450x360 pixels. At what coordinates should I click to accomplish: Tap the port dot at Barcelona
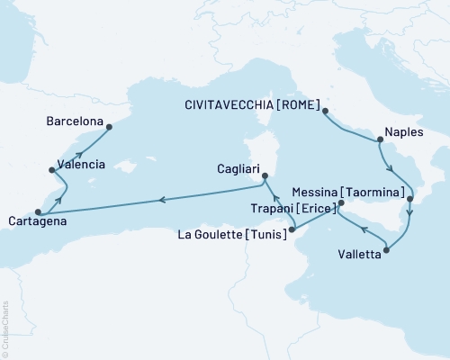109,126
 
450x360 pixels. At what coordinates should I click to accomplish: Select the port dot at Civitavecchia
325,112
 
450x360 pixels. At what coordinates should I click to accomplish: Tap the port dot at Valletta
386,249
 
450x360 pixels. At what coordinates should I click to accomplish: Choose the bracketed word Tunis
267,234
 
